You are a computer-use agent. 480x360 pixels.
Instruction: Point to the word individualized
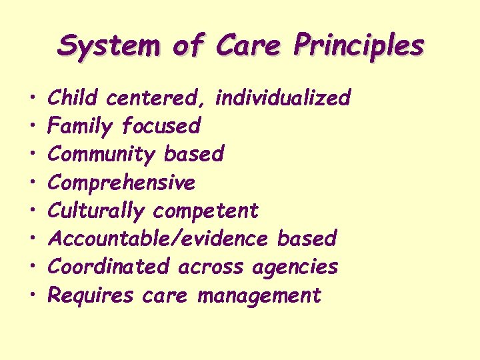tap(283, 99)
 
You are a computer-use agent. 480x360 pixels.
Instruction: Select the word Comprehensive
tap(122, 182)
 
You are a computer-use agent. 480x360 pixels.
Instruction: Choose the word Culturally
tap(97, 211)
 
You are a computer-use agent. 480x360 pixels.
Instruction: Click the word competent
tap(205, 211)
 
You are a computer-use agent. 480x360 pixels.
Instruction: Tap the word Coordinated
tap(109, 267)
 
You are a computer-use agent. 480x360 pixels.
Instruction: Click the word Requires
tap(91, 295)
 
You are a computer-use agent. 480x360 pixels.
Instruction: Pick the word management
tap(259, 295)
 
